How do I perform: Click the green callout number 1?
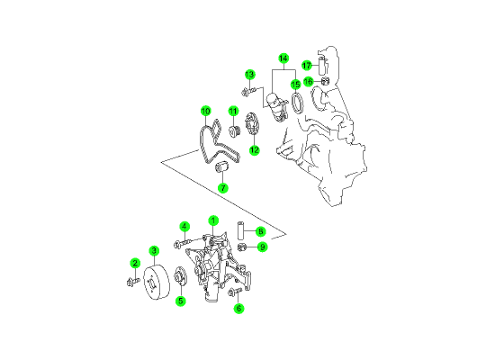coord(213,220)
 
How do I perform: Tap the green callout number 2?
coord(135,263)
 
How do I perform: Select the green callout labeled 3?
coord(154,251)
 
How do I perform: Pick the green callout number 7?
coord(223,188)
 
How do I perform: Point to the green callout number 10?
coord(205,112)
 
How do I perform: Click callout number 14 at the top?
coord(283,58)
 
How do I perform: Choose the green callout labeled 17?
coord(307,66)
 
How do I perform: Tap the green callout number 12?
coord(255,150)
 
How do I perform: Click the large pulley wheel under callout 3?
coord(157,283)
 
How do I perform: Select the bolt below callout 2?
coord(132,281)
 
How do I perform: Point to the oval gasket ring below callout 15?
coord(297,103)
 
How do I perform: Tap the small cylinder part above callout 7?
coord(221,166)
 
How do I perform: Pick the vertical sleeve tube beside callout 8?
coord(241,230)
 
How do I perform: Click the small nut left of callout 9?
coord(241,247)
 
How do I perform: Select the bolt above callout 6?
coord(235,292)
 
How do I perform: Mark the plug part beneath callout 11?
coord(234,131)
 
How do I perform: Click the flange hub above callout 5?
coord(180,276)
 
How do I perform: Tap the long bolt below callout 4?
coord(183,243)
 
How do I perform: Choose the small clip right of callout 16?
coord(325,81)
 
